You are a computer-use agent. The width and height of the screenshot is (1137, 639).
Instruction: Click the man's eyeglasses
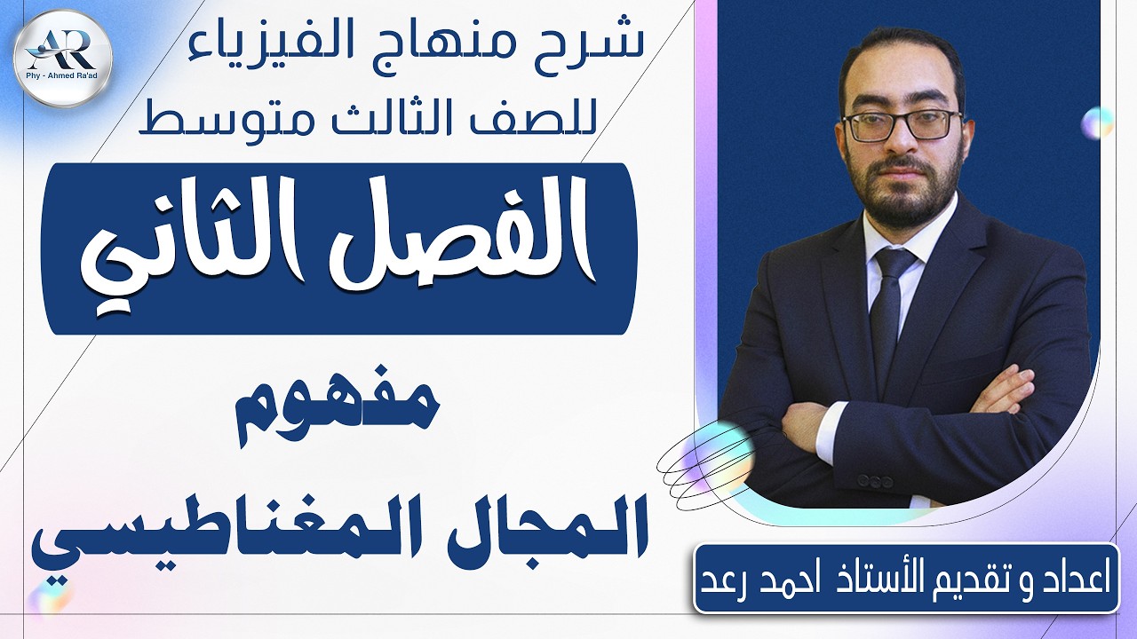pos(902,125)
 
